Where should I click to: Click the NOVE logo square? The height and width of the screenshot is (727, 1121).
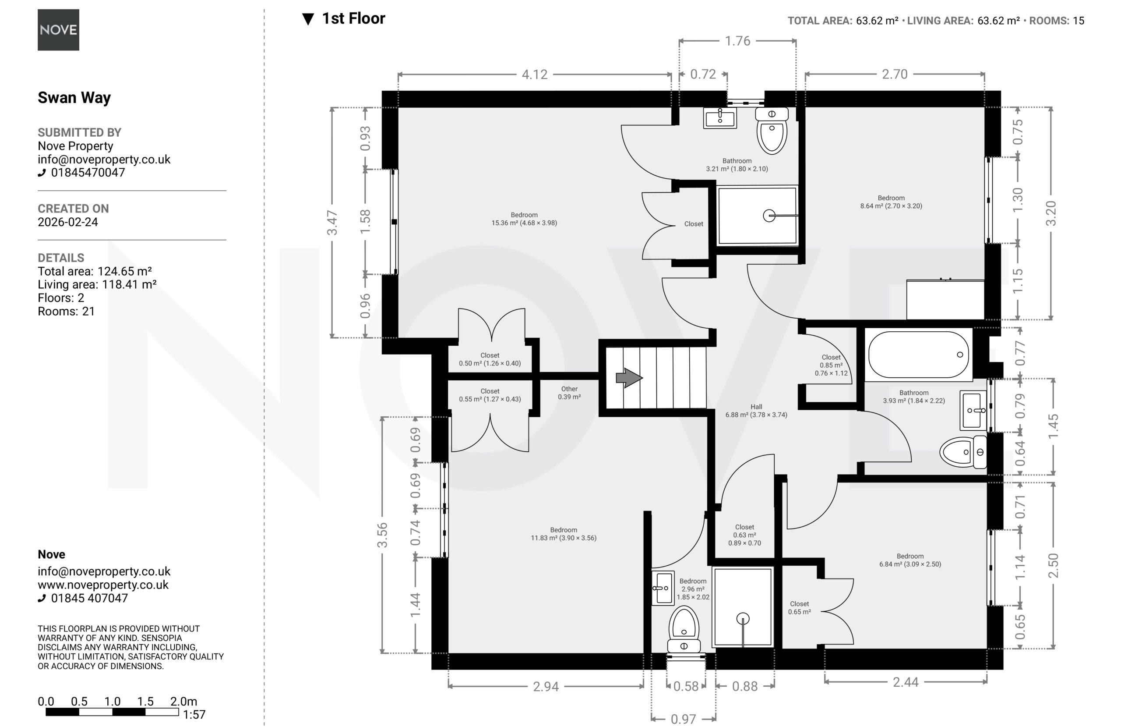coord(58,30)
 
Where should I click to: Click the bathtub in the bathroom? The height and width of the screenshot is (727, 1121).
coord(918,355)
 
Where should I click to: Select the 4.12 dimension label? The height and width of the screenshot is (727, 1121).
coord(535,74)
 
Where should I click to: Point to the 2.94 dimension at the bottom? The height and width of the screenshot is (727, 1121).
coord(546,686)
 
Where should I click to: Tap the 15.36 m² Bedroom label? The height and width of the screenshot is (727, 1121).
coord(524,219)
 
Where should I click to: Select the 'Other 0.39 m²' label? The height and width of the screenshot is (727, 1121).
coord(569,393)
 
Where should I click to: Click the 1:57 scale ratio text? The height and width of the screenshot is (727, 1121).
coord(194,715)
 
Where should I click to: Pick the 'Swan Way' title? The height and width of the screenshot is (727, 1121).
coord(74,98)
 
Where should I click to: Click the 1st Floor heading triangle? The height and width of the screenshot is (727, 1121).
coord(308,19)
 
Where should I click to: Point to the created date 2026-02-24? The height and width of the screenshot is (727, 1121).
coord(68,222)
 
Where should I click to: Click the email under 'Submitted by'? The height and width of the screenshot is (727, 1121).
coord(104,160)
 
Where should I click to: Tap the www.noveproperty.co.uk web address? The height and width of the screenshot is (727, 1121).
coord(103,585)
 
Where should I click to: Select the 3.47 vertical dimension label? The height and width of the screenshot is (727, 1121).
coord(332,223)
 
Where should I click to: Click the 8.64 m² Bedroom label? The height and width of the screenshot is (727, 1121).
coord(891,202)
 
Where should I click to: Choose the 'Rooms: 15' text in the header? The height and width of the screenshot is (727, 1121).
coord(1057,21)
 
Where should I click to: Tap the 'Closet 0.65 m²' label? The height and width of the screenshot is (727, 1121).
coord(799,608)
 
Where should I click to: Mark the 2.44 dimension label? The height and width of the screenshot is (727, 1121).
coord(906,682)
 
